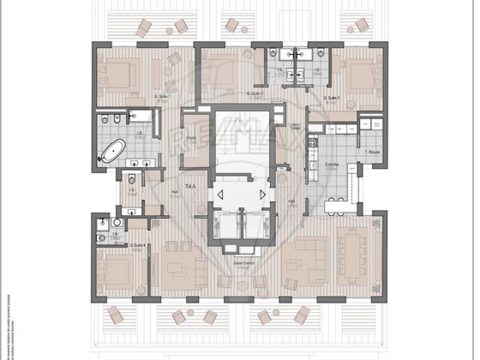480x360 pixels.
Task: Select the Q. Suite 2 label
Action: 256,94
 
